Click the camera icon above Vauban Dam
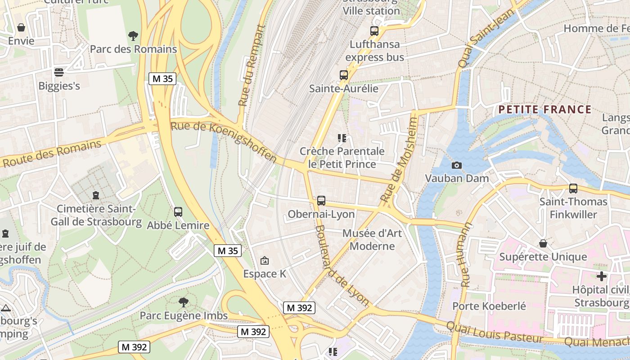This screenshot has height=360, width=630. [457, 166]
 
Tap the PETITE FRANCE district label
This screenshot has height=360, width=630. [544, 109]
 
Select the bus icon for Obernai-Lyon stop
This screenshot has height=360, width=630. [321, 200]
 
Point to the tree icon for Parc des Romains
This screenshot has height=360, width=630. [133, 36]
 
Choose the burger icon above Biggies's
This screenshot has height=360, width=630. [59, 72]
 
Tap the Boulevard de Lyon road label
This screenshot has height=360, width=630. [342, 265]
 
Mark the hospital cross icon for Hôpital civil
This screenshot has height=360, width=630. [602, 276]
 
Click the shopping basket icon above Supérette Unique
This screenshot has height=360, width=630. [543, 243]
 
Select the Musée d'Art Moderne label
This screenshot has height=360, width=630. [372, 239]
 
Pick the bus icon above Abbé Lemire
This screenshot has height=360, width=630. [178, 211]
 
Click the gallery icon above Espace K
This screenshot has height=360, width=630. [265, 260]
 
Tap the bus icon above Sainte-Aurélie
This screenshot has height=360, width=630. [344, 75]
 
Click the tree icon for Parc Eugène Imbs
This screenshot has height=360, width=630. [183, 302]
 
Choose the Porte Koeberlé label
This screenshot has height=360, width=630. [489, 306]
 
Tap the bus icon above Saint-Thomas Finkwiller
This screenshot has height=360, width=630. [573, 188]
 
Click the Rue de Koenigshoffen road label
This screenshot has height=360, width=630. [224, 141]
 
